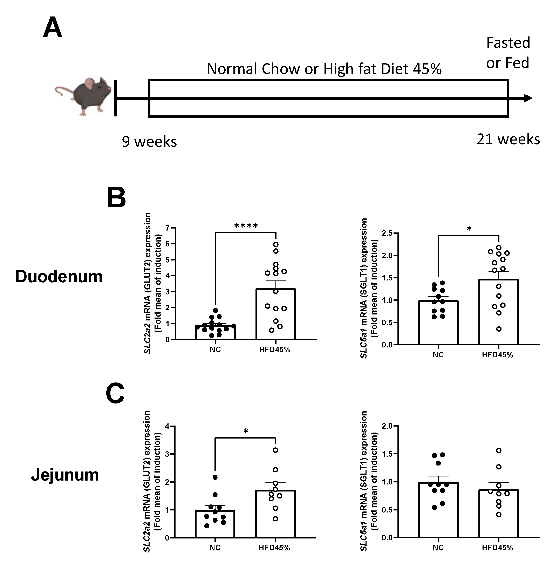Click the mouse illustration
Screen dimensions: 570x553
tap(84, 96)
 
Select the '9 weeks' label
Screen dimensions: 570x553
tap(149, 142)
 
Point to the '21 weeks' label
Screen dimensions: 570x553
tap(508, 139)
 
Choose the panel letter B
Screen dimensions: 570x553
tap(116, 198)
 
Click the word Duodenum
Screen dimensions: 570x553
tap(59, 276)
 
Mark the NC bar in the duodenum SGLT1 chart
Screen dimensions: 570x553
tap(438, 323)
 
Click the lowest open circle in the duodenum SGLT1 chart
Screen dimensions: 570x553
tap(499, 329)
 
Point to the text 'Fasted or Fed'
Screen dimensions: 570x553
tap(508, 53)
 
